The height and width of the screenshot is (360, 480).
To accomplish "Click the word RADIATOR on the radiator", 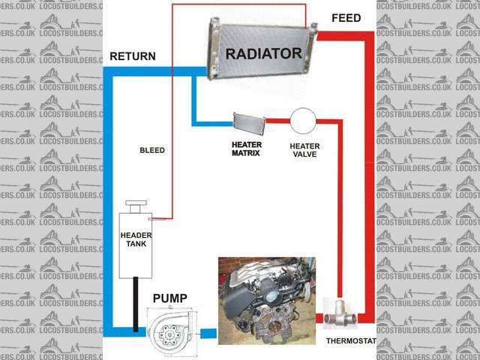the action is [263, 53].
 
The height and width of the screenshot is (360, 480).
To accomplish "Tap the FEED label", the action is [345, 17].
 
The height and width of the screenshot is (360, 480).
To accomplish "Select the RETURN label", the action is [133, 56].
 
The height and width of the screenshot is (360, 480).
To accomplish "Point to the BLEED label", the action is [152, 150].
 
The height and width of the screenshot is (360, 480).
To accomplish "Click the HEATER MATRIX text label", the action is [245, 148].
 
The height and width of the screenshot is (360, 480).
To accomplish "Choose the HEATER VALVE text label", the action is [304, 150].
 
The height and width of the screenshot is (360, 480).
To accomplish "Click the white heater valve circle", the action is [304, 121].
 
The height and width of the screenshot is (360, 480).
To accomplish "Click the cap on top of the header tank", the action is [136, 206].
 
